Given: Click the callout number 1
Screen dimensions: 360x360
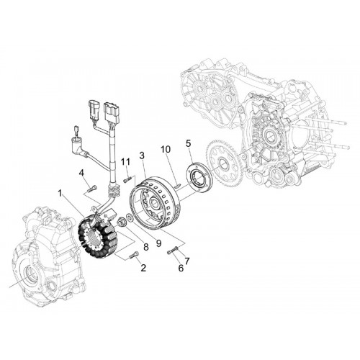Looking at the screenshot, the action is pyautogui.click(x=61, y=194).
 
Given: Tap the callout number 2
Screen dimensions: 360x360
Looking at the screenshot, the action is pyautogui.click(x=143, y=268).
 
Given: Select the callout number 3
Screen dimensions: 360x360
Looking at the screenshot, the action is pyautogui.click(x=142, y=156).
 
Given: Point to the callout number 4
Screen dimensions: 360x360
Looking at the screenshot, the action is pyautogui.click(x=82, y=174).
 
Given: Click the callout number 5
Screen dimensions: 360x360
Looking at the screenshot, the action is pyautogui.click(x=188, y=144).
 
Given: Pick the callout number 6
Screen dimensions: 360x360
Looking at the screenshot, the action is pyautogui.click(x=181, y=268).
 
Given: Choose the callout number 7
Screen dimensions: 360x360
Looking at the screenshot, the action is pyautogui.click(x=187, y=261).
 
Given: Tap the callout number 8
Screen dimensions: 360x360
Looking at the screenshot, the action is pyautogui.click(x=146, y=247).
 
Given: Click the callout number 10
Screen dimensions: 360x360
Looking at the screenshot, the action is pyautogui.click(x=166, y=149).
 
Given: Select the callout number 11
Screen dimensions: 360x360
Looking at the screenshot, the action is pyautogui.click(x=125, y=162).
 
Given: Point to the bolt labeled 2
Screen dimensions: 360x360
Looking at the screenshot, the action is pyautogui.click(x=133, y=255).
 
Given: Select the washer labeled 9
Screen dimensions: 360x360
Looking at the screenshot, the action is pyautogui.click(x=129, y=217).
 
